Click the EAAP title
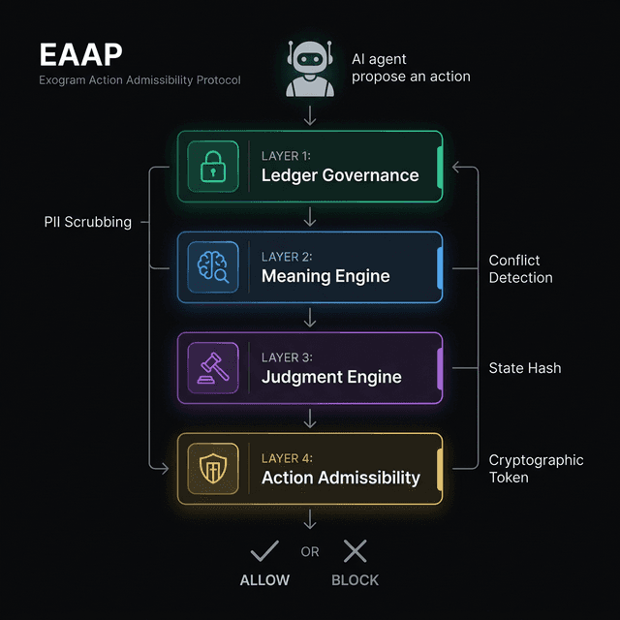(x=80, y=54)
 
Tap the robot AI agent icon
(x=310, y=68)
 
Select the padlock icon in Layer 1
(x=212, y=167)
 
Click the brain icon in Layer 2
(x=212, y=267)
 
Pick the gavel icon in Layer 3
(x=212, y=368)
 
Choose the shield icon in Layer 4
(x=212, y=469)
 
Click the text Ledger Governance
(x=340, y=175)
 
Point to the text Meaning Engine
(x=325, y=276)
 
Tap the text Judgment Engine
(x=331, y=377)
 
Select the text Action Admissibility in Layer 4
(x=341, y=478)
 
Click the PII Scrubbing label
(x=88, y=222)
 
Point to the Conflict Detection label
(x=521, y=268)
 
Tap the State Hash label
(x=525, y=368)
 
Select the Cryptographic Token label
(x=536, y=469)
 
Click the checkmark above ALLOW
(x=264, y=551)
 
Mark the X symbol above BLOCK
(x=356, y=551)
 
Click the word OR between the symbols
(x=310, y=552)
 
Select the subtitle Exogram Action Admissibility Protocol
(x=139, y=79)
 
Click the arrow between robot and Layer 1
(x=310, y=115)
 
